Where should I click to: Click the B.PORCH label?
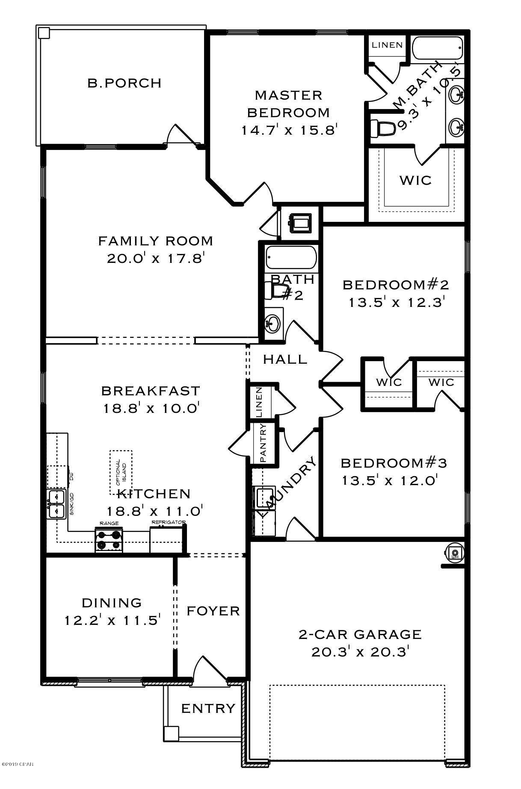click(124, 83)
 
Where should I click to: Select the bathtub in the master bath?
click(438, 48)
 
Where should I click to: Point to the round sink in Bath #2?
click(272, 324)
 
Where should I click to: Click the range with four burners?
click(109, 540)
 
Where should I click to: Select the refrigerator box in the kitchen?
click(166, 540)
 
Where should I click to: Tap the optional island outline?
click(121, 474)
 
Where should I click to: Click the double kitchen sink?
click(56, 503)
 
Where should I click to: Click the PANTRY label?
click(263, 443)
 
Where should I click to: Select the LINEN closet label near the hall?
click(259, 402)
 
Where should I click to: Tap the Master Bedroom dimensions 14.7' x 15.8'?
click(290, 130)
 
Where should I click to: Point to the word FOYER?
click(213, 611)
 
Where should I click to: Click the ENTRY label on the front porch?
click(208, 709)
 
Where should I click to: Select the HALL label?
click(285, 359)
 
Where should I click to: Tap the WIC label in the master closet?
click(415, 180)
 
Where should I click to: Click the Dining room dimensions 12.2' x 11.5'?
click(112, 620)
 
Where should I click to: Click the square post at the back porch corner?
click(44, 32)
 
